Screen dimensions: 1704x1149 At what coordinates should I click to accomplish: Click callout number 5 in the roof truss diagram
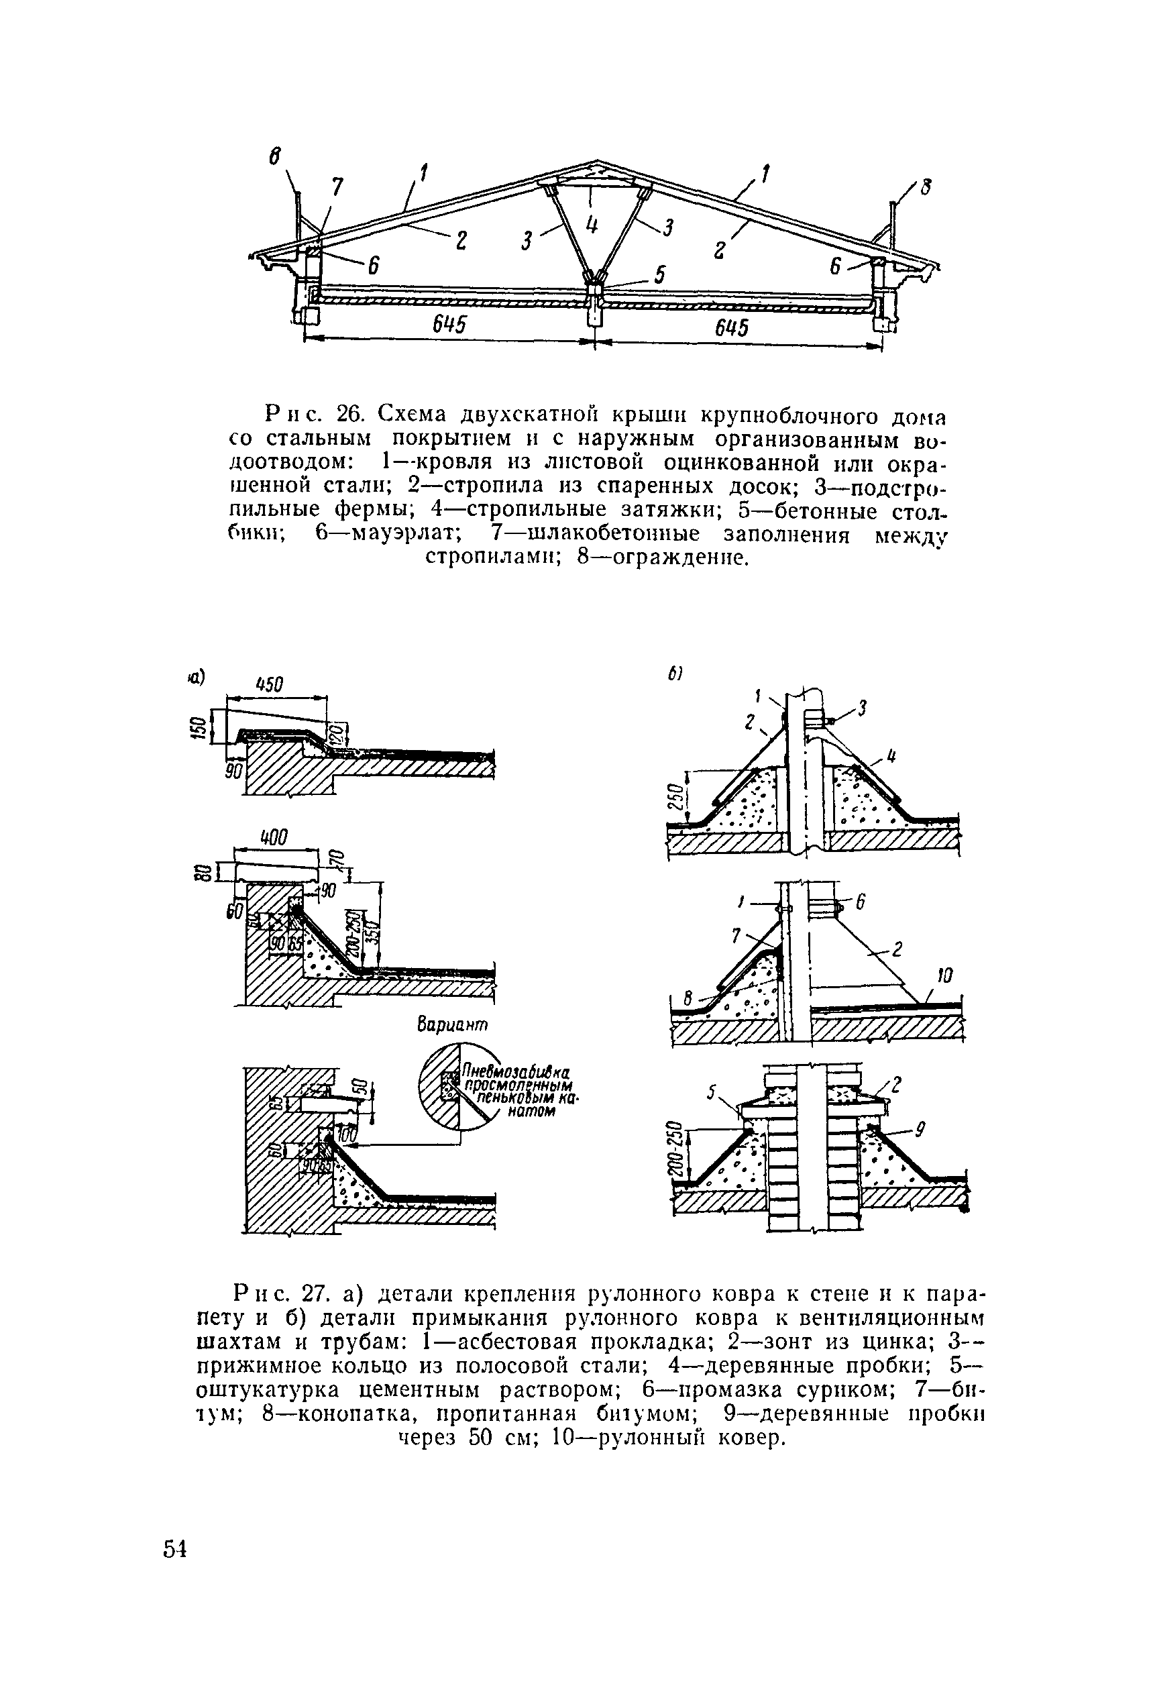pos(659,274)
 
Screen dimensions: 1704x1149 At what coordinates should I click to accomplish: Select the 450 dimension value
pos(269,685)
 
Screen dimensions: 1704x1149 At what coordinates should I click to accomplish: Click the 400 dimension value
pos(272,837)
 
